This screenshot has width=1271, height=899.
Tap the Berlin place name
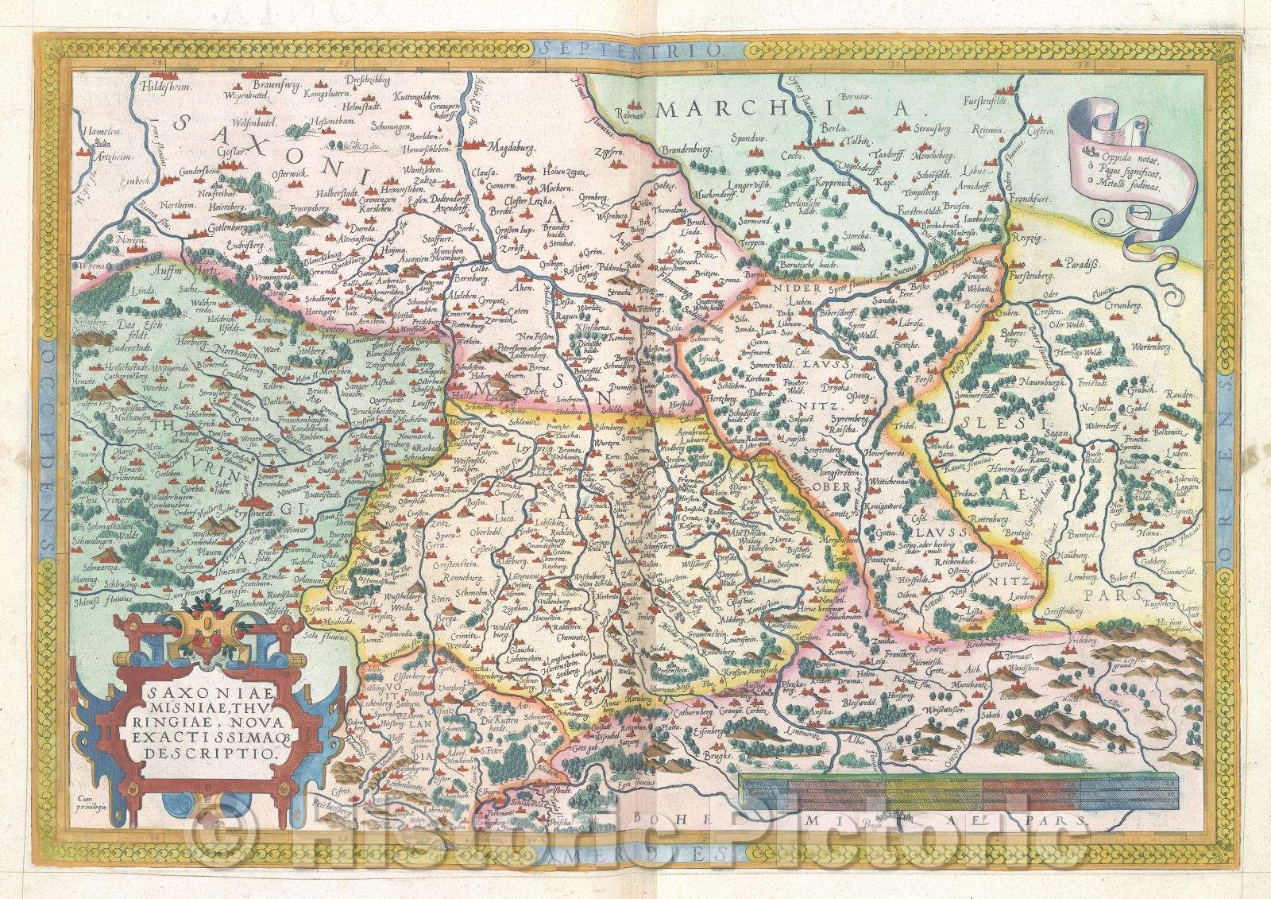coord(833,127)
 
